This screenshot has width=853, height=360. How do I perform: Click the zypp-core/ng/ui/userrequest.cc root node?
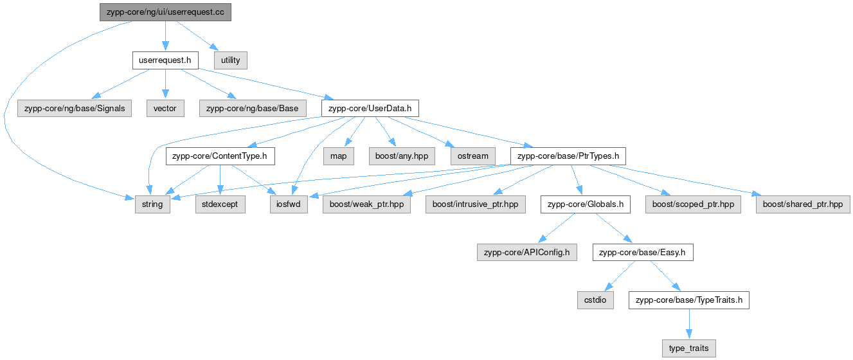pyautogui.click(x=165, y=12)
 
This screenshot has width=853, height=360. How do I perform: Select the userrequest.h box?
pyautogui.click(x=165, y=60)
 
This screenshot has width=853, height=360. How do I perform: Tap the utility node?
pyautogui.click(x=230, y=60)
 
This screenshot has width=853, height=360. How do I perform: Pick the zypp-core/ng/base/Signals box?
pyautogui.click(x=75, y=108)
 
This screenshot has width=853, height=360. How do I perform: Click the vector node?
pyautogui.click(x=165, y=108)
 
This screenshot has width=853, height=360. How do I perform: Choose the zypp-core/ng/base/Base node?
pyautogui.click(x=253, y=108)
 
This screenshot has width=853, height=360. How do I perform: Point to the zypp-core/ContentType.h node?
pyautogui.click(x=220, y=156)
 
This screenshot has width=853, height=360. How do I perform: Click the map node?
pyautogui.click(x=338, y=156)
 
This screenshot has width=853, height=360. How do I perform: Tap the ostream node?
pyautogui.click(x=472, y=156)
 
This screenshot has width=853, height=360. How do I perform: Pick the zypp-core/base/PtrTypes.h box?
pyautogui.click(x=568, y=156)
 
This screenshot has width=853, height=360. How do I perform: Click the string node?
pyautogui.click(x=153, y=204)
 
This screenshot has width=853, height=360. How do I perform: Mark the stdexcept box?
pyautogui.click(x=220, y=204)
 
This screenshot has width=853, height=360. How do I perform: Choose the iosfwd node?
pyautogui.click(x=289, y=204)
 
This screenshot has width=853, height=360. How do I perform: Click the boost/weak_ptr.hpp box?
pyautogui.click(x=366, y=204)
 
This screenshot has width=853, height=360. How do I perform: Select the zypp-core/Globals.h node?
pyautogui.click(x=584, y=204)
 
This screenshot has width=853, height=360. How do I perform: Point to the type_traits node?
pyautogui.click(x=688, y=348)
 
